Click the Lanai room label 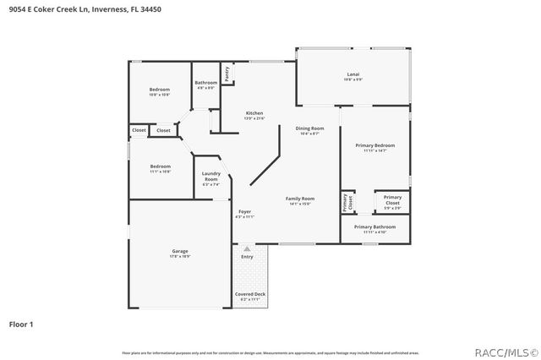point(353,75)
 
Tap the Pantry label point(227,74)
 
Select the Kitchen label point(254,113)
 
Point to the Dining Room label point(309,128)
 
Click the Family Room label point(300,198)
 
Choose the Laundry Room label point(210,177)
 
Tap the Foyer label point(244,211)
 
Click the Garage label point(179,251)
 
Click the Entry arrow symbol point(247,248)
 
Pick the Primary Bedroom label point(374,145)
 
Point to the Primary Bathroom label point(374,226)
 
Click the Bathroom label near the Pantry point(206,82)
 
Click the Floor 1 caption point(21,324)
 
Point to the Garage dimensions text point(179,257)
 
